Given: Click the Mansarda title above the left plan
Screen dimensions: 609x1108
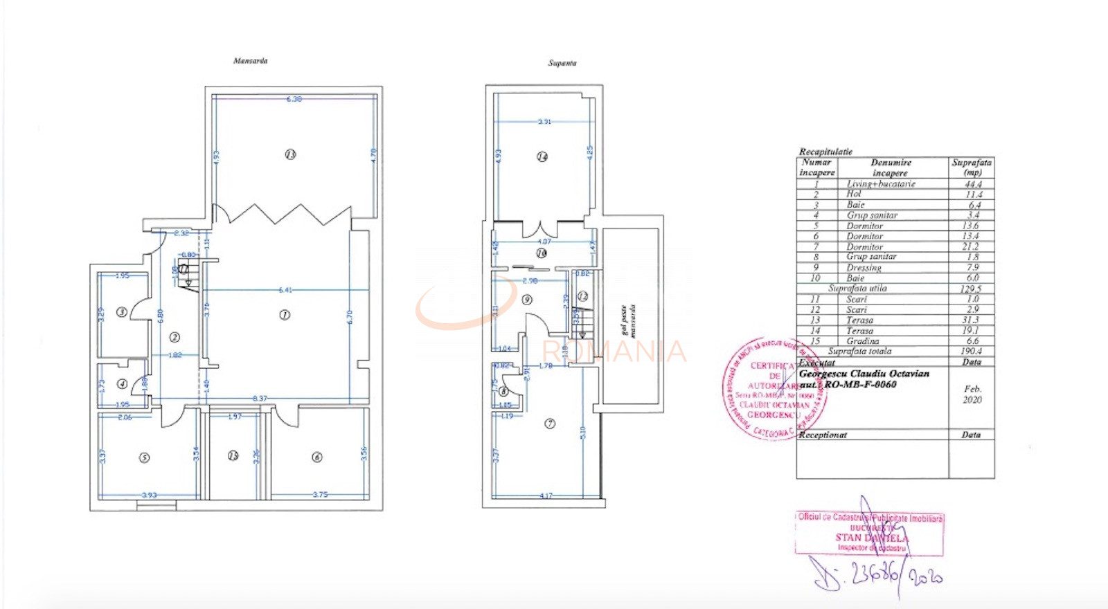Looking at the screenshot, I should coord(250,61).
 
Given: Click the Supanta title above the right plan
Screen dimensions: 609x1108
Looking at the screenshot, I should coord(562,63).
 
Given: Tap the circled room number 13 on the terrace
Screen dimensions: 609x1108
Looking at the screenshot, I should coord(290,154).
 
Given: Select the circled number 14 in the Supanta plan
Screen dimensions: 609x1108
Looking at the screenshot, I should coord(542,157).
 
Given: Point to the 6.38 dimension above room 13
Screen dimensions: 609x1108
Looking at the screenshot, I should coord(294,99).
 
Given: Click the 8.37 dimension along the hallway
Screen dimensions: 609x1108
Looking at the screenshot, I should coord(260,399).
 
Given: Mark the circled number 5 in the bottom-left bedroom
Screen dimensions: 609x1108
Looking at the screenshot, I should coord(144,457).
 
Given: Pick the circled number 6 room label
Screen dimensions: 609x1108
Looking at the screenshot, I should coord(317,457).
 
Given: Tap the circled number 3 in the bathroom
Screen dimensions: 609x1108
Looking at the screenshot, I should coord(121,313).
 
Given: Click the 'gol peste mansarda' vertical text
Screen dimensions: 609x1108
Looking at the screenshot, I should coord(627,320).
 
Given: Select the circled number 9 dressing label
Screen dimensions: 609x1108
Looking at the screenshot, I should coord(527,300).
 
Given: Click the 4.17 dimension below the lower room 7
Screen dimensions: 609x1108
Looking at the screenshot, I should coord(546,496).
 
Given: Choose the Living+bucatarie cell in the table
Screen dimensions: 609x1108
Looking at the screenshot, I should coord(881,184).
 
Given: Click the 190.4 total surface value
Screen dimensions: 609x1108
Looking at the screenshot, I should coord(972,352).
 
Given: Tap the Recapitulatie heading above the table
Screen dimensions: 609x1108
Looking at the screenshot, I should coord(825,152).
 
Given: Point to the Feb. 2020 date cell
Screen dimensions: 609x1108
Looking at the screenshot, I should coord(972,394).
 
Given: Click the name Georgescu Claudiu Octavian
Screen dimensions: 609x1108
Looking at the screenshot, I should coord(864,374).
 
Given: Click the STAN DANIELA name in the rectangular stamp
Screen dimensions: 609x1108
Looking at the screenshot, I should coord(870,538).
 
